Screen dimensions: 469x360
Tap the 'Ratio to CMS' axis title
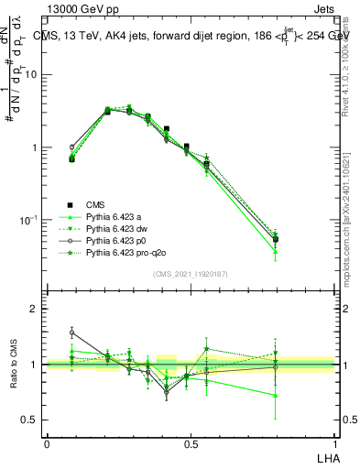click(16, 365)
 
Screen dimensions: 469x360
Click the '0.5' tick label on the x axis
click(191, 443)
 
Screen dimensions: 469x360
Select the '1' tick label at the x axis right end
click(334, 443)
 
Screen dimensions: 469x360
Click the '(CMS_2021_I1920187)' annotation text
click(191, 274)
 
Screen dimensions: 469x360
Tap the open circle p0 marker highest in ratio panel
click(72, 333)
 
